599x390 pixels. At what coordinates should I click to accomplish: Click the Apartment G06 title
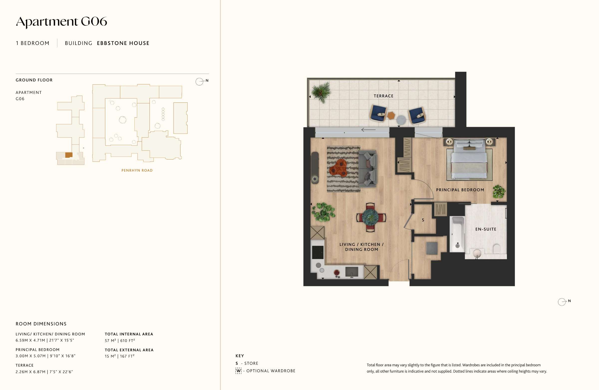pyautogui.click(x=61, y=22)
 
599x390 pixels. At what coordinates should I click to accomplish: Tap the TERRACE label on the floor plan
pyautogui.click(x=383, y=96)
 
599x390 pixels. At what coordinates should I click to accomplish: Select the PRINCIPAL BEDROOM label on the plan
pyautogui.click(x=460, y=190)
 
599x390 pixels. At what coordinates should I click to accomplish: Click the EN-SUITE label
pyautogui.click(x=486, y=229)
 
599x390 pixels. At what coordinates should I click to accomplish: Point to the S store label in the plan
pyautogui.click(x=423, y=220)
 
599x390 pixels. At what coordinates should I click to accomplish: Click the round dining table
pyautogui.click(x=371, y=217)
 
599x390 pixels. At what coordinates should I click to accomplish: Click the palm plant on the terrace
pyautogui.click(x=321, y=92)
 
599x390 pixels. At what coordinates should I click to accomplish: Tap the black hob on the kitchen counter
pyautogui.click(x=318, y=252)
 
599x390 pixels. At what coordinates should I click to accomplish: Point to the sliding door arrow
pyautogui.click(x=368, y=130)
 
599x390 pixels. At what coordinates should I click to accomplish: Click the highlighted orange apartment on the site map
pyautogui.click(x=69, y=155)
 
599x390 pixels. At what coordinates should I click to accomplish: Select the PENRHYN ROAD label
pyautogui.click(x=137, y=171)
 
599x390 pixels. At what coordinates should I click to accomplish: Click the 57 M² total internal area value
pyautogui.click(x=111, y=341)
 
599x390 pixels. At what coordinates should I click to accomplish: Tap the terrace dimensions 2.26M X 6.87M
pyautogui.click(x=30, y=372)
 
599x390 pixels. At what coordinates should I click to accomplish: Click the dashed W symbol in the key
pyautogui.click(x=238, y=371)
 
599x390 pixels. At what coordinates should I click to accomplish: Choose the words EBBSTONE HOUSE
pyautogui.click(x=123, y=43)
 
